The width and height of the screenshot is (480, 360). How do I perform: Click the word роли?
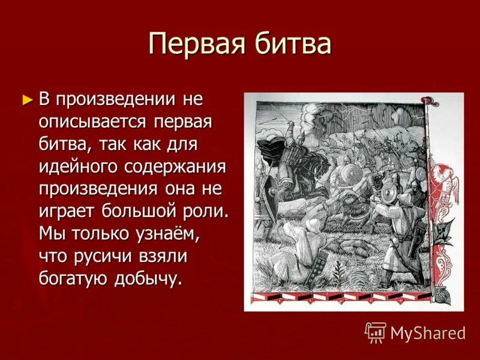209,211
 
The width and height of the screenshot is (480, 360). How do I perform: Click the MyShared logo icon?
375,332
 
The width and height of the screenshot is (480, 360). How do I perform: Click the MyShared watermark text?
428,332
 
